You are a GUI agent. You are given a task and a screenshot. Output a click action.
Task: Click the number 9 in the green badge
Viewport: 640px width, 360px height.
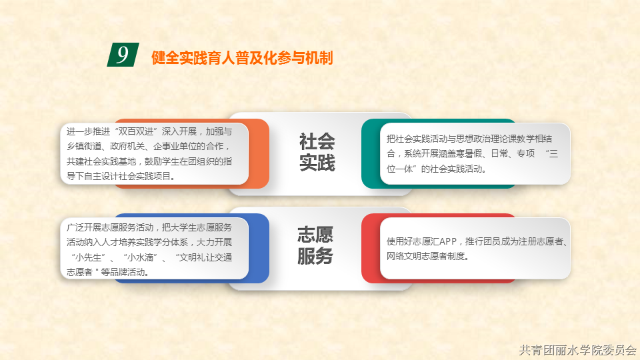[x=123, y=54]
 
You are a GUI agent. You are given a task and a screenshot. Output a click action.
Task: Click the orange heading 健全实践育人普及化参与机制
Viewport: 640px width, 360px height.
[x=242, y=57]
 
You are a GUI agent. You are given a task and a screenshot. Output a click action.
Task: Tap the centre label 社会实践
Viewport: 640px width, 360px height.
[x=317, y=152]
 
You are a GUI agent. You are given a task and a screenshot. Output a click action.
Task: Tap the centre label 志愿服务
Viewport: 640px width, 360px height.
[x=315, y=245]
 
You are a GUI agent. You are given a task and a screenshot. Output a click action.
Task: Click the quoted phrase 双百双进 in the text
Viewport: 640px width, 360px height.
[x=136, y=131]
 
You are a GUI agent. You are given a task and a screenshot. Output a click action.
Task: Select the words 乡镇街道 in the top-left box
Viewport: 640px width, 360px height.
[x=84, y=146]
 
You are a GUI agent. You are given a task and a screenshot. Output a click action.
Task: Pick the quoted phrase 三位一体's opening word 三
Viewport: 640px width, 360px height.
[x=553, y=153]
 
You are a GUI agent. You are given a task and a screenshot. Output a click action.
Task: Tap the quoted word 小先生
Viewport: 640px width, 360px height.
[x=89, y=257]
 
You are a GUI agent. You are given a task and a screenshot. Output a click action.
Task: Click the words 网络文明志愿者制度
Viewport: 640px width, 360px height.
[x=426, y=256]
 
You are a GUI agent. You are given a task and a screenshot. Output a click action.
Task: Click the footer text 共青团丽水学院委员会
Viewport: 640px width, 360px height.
[x=577, y=350]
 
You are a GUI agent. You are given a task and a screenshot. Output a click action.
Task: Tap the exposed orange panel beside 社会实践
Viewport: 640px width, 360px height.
[x=259, y=153]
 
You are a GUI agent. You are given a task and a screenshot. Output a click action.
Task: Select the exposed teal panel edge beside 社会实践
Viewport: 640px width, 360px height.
[x=371, y=153]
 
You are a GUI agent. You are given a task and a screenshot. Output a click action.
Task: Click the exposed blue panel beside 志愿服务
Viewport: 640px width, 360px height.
[x=259, y=248]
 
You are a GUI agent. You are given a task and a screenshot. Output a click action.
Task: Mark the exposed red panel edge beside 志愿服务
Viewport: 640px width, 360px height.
[x=371, y=248]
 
